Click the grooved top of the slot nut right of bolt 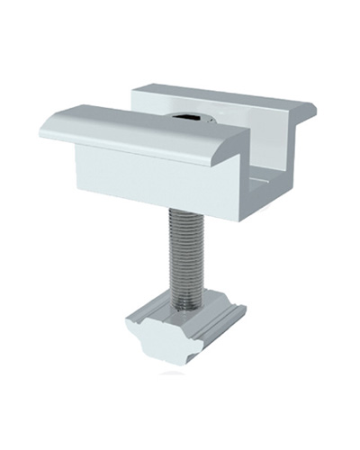click(216, 315)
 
